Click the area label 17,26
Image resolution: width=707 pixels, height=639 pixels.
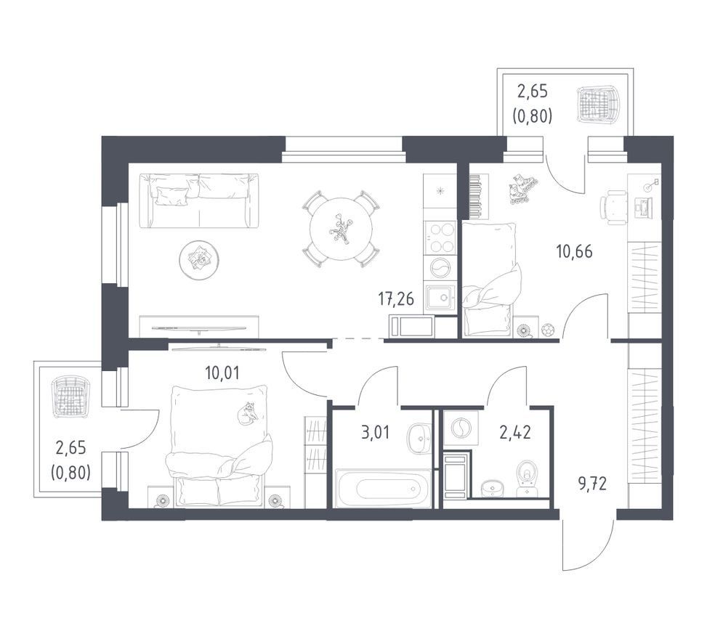point(396,299)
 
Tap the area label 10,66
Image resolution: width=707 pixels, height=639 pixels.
point(575,251)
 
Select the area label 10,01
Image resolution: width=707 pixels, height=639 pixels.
point(222,373)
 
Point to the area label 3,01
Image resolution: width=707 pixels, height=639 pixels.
point(375,433)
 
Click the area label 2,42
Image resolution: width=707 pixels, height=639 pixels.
point(514,433)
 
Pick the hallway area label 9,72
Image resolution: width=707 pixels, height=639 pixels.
point(592,485)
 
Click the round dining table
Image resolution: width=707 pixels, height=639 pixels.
point(341,229)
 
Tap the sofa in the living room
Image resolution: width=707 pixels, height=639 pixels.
point(199,200)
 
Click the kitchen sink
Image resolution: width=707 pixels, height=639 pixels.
point(440,298)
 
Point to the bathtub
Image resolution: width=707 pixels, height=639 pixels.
point(384,488)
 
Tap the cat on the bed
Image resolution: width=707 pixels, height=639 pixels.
point(246,412)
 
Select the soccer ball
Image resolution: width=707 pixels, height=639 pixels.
point(549,330)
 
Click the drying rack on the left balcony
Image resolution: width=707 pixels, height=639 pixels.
point(68,397)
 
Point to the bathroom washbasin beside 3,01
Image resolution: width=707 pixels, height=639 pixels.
point(419,437)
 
